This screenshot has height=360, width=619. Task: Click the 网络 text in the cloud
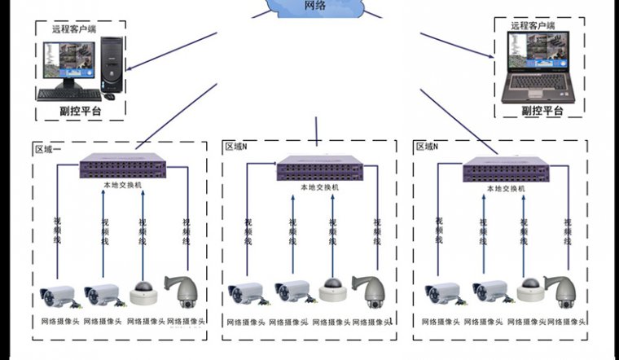click(x=315, y=6)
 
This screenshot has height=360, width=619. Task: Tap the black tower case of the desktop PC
click(x=112, y=64)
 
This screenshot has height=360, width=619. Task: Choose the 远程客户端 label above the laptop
click(x=532, y=26)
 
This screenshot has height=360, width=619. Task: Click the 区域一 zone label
click(x=49, y=149)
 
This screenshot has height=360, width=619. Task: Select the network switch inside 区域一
click(x=134, y=168)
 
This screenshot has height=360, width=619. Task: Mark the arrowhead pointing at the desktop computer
click(x=127, y=70)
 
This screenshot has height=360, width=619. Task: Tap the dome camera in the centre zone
click(x=331, y=289)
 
